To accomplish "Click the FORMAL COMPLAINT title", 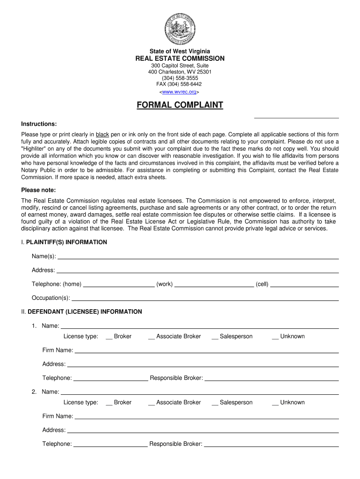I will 180,105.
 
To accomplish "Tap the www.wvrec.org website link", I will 180,92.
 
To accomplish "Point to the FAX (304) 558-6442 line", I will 180,85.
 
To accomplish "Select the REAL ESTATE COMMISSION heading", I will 180,58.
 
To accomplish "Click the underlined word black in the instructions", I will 102,134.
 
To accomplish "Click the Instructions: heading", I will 39,124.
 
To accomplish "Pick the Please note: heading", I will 38,190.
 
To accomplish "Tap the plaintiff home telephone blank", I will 118,284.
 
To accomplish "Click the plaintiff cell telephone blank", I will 304,284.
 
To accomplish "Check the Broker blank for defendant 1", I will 109,337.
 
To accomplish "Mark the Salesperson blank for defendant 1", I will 215,337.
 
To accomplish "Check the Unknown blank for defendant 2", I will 275,403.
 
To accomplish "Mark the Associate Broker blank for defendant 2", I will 151,403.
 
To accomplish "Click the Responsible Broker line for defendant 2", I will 271,445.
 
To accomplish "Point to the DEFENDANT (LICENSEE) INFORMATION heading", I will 85,312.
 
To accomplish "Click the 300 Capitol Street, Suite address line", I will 180,65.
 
